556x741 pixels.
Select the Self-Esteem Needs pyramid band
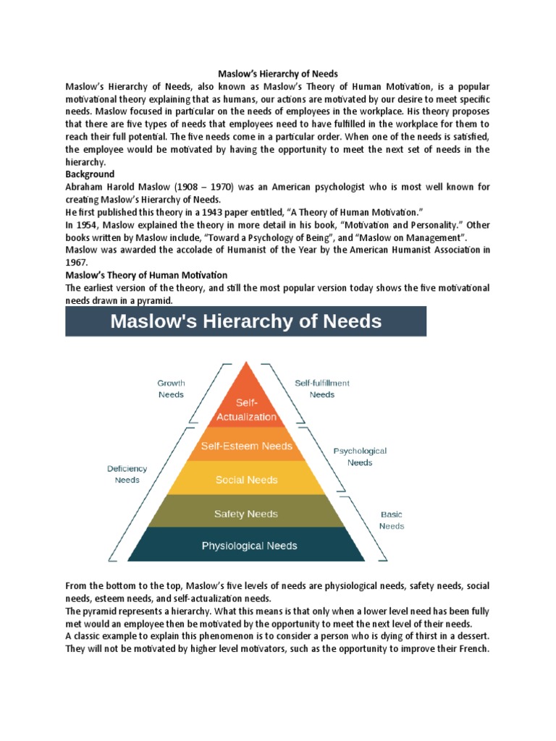[246, 446]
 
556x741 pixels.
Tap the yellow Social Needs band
[246, 479]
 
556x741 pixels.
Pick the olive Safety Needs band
[246, 514]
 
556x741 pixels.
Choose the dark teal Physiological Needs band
[248, 546]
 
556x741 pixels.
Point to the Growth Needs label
[171, 389]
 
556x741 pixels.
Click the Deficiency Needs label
[127, 474]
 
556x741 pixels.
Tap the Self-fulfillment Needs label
[322, 389]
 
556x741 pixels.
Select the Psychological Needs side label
[360, 456]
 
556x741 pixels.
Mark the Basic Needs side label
[392, 520]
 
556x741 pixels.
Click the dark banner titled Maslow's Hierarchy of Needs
[245, 321]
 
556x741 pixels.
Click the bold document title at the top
[278, 74]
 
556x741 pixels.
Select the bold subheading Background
[90, 174]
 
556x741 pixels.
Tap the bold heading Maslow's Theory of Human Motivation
[146, 275]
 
